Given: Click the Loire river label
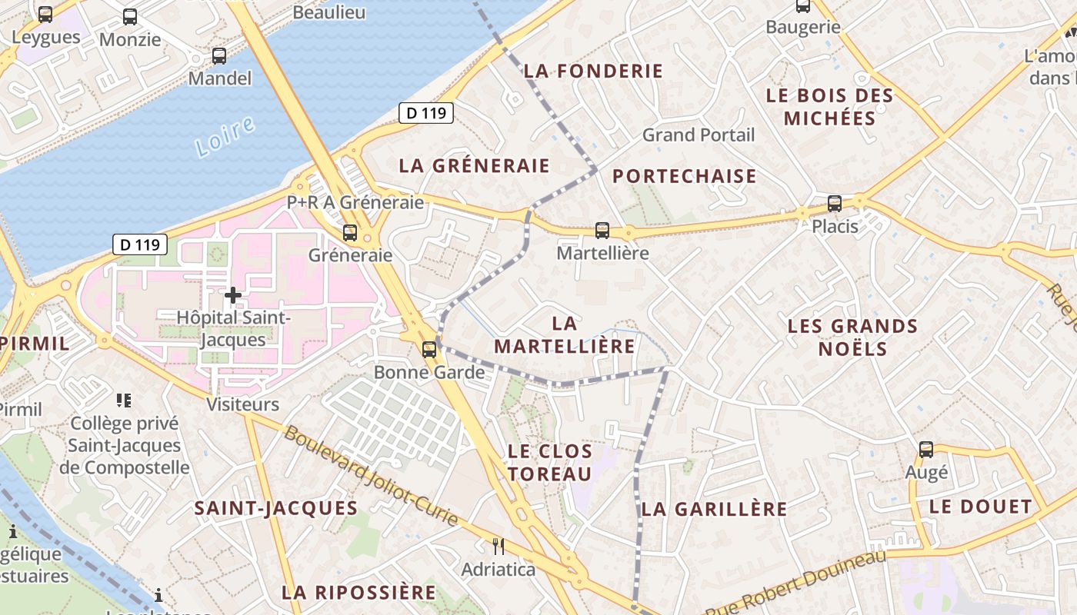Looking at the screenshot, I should [225, 136].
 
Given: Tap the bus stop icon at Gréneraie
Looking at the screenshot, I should [350, 232].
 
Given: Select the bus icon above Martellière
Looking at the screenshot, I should [602, 230].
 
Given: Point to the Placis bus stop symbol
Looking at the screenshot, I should [835, 204].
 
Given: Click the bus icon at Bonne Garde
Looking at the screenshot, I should [429, 350].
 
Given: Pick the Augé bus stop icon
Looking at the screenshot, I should [926, 450].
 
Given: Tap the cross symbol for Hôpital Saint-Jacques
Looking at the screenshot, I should [233, 294].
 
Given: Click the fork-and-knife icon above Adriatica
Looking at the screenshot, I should [498, 547].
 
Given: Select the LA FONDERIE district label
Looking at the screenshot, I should [593, 71].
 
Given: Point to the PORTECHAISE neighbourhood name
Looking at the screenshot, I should [685, 176].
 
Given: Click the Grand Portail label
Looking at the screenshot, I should [699, 135].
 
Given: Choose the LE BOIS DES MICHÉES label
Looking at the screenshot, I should [830, 107].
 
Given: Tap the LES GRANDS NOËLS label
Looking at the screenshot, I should [852, 337].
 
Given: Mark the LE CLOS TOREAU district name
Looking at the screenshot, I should [550, 462].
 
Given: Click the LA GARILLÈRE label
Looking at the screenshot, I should [715, 509].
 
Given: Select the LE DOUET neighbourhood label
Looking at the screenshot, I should [980, 507].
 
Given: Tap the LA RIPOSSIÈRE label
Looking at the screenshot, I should [358, 593].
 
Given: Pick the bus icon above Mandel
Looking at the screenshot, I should [219, 55].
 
